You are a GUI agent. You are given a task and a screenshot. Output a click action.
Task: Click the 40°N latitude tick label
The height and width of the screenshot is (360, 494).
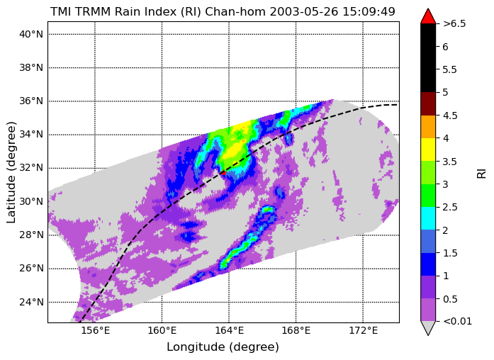click(x=31, y=34)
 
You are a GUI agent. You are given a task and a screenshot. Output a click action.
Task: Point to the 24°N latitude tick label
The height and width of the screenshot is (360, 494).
click(x=31, y=302)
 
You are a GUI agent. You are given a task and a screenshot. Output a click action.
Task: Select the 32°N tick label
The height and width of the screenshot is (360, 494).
click(x=31, y=168)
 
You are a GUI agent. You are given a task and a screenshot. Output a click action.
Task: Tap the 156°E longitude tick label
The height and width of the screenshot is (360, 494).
click(x=95, y=330)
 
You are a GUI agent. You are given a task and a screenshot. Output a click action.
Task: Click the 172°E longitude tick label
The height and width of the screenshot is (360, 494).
click(x=363, y=330)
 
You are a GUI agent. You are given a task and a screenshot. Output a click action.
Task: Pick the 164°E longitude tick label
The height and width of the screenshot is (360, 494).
click(x=229, y=330)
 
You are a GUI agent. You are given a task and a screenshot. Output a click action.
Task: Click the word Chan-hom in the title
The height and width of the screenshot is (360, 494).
click(x=235, y=12)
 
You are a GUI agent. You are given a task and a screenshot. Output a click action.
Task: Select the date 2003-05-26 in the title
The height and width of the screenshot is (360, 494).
click(x=303, y=12)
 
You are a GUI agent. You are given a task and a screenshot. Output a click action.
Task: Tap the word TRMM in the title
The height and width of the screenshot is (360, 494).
click(x=93, y=12)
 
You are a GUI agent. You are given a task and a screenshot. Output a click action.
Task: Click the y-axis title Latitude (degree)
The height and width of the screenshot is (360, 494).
click(x=11, y=172)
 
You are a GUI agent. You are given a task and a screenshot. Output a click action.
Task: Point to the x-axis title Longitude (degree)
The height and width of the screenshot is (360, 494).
click(x=223, y=347)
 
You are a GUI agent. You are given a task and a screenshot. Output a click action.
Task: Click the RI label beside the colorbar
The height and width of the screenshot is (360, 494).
click(x=482, y=174)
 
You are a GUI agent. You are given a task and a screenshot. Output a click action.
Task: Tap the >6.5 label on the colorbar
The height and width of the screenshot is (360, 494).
click(x=454, y=23)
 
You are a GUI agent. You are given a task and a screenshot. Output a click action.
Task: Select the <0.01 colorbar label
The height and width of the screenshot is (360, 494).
click(x=457, y=322)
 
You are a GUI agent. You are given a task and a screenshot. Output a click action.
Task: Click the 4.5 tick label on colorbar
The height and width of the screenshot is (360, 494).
click(x=450, y=116)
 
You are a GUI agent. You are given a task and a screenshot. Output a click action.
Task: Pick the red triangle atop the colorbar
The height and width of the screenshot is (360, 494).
click(x=428, y=17)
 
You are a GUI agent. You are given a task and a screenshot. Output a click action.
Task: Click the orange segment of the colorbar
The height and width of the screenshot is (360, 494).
click(x=428, y=127)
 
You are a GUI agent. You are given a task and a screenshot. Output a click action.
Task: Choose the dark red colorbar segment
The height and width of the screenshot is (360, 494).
click(x=428, y=103)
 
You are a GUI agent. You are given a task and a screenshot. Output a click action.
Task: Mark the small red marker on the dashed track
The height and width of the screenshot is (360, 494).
click(x=223, y=173)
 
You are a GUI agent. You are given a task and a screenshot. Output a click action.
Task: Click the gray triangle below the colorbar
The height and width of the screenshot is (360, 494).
click(x=428, y=327)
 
